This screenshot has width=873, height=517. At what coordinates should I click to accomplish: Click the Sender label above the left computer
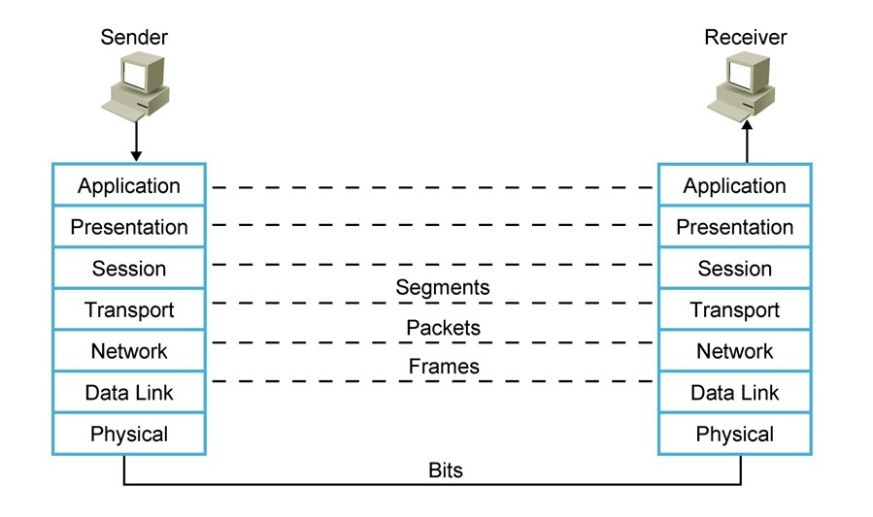(x=134, y=38)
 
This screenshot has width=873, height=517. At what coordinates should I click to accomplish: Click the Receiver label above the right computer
(x=745, y=38)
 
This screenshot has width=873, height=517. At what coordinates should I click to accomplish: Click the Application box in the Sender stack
(x=129, y=185)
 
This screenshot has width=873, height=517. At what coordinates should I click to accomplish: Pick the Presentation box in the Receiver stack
(x=735, y=227)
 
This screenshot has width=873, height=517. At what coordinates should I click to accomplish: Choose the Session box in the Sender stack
(x=129, y=269)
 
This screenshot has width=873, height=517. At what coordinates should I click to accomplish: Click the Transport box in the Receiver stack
(x=735, y=310)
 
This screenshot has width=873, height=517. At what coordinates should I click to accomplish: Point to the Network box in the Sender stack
(x=129, y=351)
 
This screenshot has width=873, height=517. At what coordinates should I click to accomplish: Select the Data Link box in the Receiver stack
(x=735, y=393)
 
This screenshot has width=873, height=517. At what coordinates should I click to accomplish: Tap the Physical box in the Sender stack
(x=129, y=435)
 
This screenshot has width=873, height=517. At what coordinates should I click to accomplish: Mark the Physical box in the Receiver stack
(x=735, y=435)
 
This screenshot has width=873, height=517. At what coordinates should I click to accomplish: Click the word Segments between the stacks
(x=442, y=287)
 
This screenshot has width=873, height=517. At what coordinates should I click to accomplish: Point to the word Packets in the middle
(x=443, y=328)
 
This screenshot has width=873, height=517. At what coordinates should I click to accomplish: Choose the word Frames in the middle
(x=443, y=367)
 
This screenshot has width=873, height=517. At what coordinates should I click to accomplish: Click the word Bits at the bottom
(x=446, y=471)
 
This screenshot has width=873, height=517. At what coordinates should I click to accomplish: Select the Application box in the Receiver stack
(x=735, y=185)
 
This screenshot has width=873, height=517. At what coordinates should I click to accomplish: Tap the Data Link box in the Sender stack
(x=129, y=393)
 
